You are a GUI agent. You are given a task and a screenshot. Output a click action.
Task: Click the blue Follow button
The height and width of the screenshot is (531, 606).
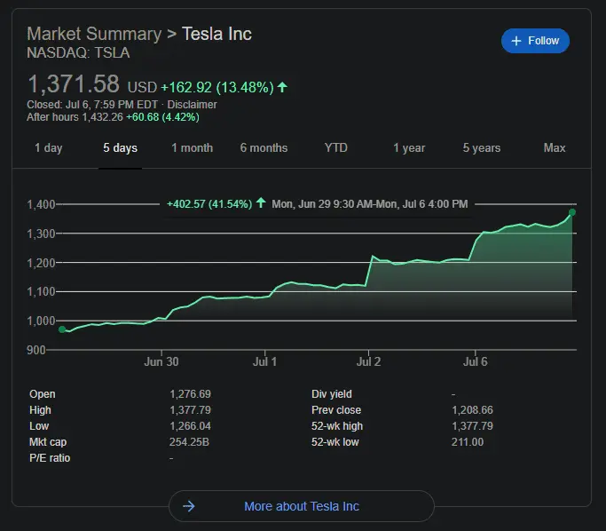(x=535, y=41)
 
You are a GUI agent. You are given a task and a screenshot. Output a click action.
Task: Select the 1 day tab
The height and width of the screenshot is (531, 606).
(x=48, y=148)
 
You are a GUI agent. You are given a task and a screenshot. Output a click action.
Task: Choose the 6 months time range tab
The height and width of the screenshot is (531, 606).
(x=264, y=148)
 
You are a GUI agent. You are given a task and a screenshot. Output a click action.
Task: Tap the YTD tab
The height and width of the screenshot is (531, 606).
(x=336, y=148)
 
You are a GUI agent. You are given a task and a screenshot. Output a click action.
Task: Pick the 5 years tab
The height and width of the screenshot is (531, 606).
(x=481, y=148)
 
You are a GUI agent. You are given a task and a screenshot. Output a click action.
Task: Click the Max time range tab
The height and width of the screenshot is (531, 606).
(x=555, y=148)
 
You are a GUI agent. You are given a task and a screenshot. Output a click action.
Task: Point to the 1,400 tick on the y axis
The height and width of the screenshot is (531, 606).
(x=42, y=204)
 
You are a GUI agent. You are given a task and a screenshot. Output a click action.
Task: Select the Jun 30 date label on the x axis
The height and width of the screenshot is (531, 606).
(x=161, y=362)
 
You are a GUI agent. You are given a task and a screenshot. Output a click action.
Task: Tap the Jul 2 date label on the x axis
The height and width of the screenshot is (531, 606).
(x=368, y=362)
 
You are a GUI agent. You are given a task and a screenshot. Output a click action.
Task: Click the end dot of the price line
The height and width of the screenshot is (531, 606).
(x=572, y=212)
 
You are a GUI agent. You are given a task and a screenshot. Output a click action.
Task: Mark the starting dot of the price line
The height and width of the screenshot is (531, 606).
(x=62, y=329)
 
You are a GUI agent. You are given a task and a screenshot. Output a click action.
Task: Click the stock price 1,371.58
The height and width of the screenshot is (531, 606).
(x=73, y=85)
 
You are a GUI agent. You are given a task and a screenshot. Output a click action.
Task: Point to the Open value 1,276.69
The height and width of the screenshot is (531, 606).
(x=190, y=394)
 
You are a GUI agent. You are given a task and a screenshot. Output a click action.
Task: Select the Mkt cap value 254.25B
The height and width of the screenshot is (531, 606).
(x=188, y=442)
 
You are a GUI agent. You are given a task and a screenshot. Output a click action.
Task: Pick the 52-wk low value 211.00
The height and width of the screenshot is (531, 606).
(x=468, y=442)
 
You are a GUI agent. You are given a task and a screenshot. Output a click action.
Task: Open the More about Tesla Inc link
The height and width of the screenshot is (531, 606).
(x=301, y=506)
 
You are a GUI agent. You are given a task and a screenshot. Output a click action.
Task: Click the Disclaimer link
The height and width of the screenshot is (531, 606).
(x=192, y=105)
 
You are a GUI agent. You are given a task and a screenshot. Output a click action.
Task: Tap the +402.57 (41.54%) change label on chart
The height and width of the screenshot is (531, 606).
(x=209, y=204)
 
